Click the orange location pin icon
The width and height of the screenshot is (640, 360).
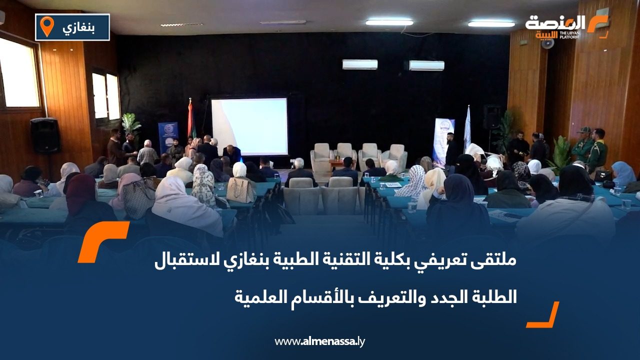46,26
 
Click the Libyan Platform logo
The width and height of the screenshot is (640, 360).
566,26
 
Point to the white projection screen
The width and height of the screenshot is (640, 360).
249,126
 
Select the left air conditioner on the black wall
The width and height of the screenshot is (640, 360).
359,64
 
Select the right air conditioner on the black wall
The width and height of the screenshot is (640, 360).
426,65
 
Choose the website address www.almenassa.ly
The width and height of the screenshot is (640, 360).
320,341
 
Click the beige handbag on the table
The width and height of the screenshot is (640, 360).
240,190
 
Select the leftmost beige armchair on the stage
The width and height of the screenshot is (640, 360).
321,156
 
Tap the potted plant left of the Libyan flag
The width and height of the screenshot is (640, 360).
131,125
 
